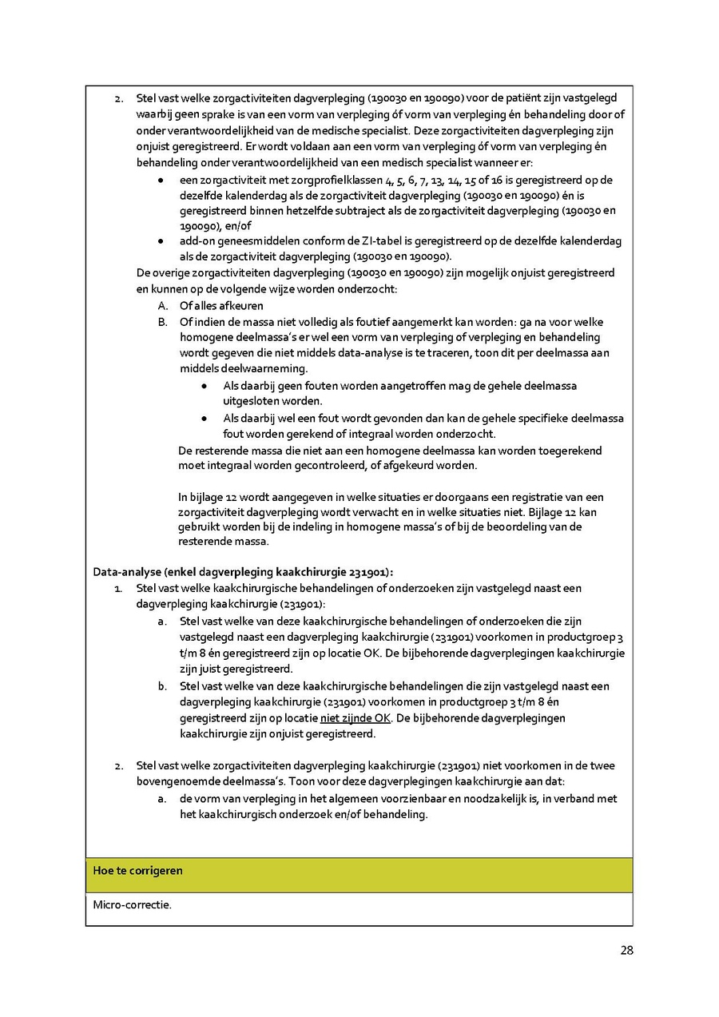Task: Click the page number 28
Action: (626, 951)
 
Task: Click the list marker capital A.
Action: (162, 306)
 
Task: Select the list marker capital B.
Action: (162, 322)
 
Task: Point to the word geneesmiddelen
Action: (264, 241)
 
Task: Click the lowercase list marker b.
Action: (162, 686)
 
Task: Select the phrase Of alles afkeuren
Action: (221, 306)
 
